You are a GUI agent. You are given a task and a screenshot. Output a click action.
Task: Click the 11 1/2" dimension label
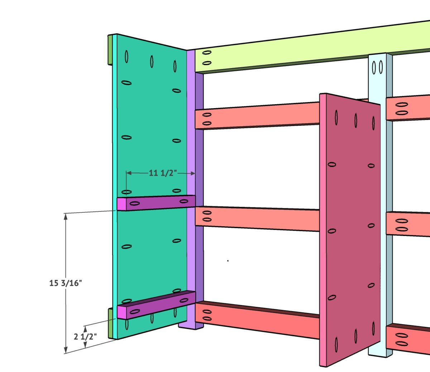pyautogui.click(x=163, y=173)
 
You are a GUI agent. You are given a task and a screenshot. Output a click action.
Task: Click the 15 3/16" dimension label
pyautogui.click(x=66, y=283)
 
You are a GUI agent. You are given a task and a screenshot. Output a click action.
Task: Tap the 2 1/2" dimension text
pyautogui.click(x=85, y=337)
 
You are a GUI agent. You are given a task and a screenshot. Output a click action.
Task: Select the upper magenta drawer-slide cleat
pyautogui.click(x=158, y=203)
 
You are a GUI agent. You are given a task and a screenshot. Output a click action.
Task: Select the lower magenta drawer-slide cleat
pyautogui.click(x=158, y=304)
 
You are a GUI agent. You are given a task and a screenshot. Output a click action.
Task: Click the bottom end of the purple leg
pyautogui.click(x=191, y=327)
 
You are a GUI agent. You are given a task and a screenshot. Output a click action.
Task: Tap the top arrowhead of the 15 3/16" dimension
pyautogui.click(x=66, y=216)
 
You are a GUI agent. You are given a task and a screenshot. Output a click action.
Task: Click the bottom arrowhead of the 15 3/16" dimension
pyautogui.click(x=66, y=351)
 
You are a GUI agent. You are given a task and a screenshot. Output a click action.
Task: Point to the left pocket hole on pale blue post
pyautogui.click(x=374, y=67)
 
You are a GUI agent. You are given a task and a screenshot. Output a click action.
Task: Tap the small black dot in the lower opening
pyautogui.click(x=228, y=261)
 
